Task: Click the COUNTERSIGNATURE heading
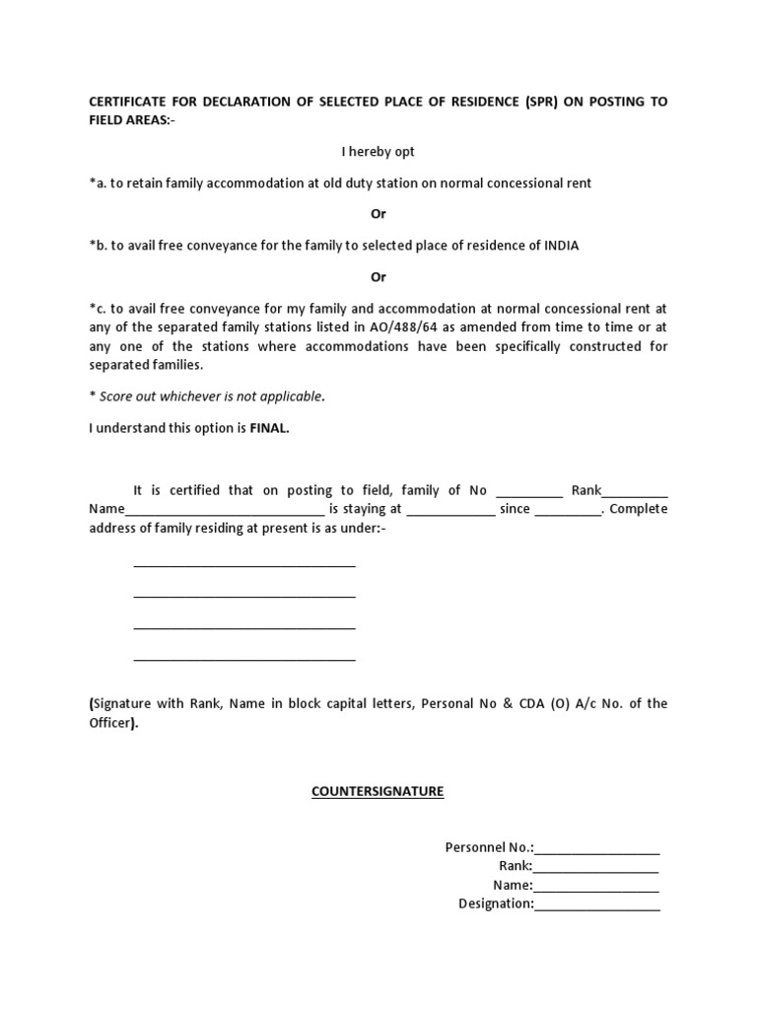click(x=378, y=792)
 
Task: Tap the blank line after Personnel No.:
click(x=596, y=848)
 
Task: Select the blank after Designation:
click(x=597, y=904)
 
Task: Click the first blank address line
click(x=243, y=565)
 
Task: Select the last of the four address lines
click(x=243, y=658)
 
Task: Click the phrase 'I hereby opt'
click(x=378, y=152)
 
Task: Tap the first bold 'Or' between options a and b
click(x=378, y=214)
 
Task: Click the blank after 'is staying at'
click(x=450, y=511)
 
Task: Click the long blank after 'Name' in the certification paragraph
click(x=225, y=511)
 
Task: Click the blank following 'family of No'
click(x=529, y=492)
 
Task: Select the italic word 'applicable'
click(x=289, y=397)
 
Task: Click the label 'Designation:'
click(x=496, y=903)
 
